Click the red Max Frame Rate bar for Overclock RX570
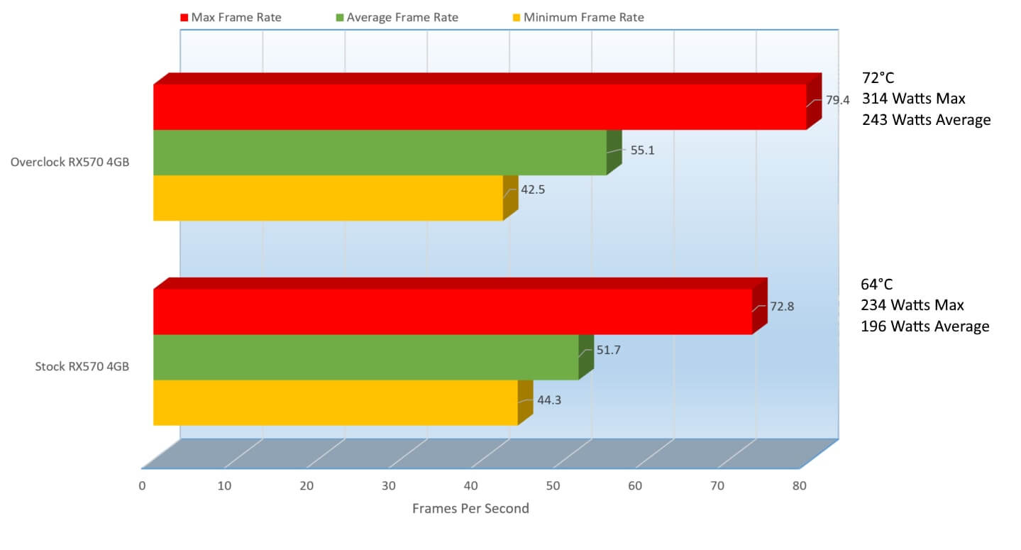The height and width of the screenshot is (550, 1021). tap(480, 106)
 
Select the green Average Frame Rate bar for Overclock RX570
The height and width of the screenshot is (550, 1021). tap(380, 152)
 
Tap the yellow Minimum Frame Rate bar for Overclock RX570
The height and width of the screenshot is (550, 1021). tap(328, 197)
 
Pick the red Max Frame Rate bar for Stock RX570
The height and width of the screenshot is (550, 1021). tap(452, 311)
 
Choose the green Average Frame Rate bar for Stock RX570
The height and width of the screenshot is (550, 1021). tap(365, 356)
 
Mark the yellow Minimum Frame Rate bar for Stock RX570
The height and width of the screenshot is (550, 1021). tap(335, 402)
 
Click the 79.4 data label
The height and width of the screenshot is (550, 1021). tap(837, 100)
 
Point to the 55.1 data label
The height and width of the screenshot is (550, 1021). tap(641, 150)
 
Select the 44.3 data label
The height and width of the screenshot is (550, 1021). tap(549, 400)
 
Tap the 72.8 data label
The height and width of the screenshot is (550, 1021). tap(782, 307)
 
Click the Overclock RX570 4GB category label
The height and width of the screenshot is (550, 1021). tap(70, 163)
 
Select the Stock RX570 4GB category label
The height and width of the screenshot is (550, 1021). tap(82, 367)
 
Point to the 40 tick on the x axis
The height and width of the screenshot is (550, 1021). tap(471, 486)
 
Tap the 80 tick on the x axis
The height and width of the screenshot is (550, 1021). tap(800, 486)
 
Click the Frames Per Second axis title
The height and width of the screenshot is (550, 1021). tap(470, 508)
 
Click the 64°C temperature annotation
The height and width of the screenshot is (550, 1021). tap(877, 285)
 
